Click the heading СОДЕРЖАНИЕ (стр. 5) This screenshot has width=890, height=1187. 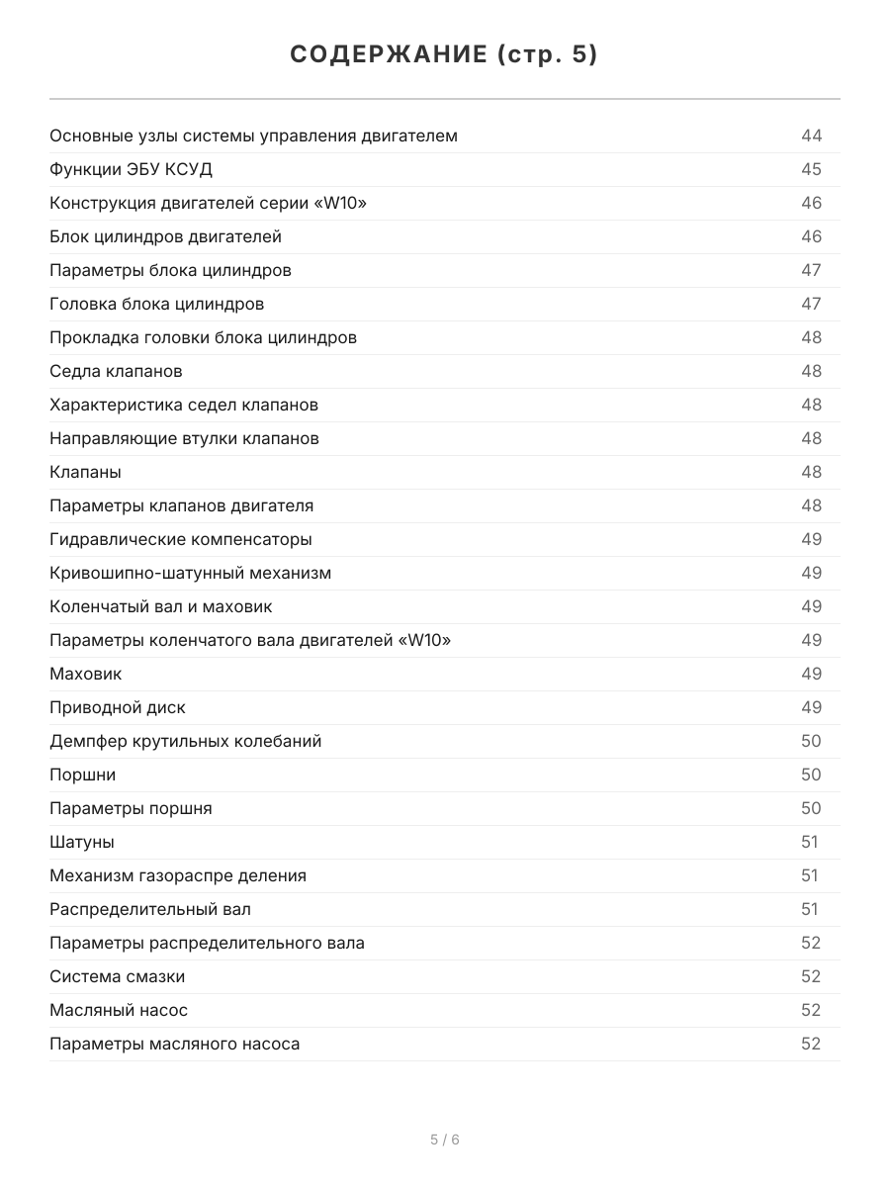444,55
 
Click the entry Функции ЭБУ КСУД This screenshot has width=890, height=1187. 131,169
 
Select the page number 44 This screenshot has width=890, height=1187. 811,136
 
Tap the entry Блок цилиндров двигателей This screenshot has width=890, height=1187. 165,236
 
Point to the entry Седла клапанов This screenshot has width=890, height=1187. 116,371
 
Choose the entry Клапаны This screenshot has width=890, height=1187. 85,472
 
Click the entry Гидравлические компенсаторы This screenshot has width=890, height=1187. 181,539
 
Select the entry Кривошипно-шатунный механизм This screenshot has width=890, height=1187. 191,573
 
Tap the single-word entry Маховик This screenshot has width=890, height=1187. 86,674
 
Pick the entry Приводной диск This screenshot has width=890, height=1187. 118,707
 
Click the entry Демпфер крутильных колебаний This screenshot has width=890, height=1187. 186,741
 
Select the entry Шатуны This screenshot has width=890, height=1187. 82,842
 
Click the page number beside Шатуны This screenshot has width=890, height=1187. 810,842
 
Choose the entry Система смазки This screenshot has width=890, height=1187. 118,976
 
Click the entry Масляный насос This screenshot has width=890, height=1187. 119,1010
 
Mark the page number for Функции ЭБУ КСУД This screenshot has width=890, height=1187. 811,169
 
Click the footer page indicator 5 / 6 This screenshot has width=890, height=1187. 445,1140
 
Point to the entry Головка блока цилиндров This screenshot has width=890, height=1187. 157,304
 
